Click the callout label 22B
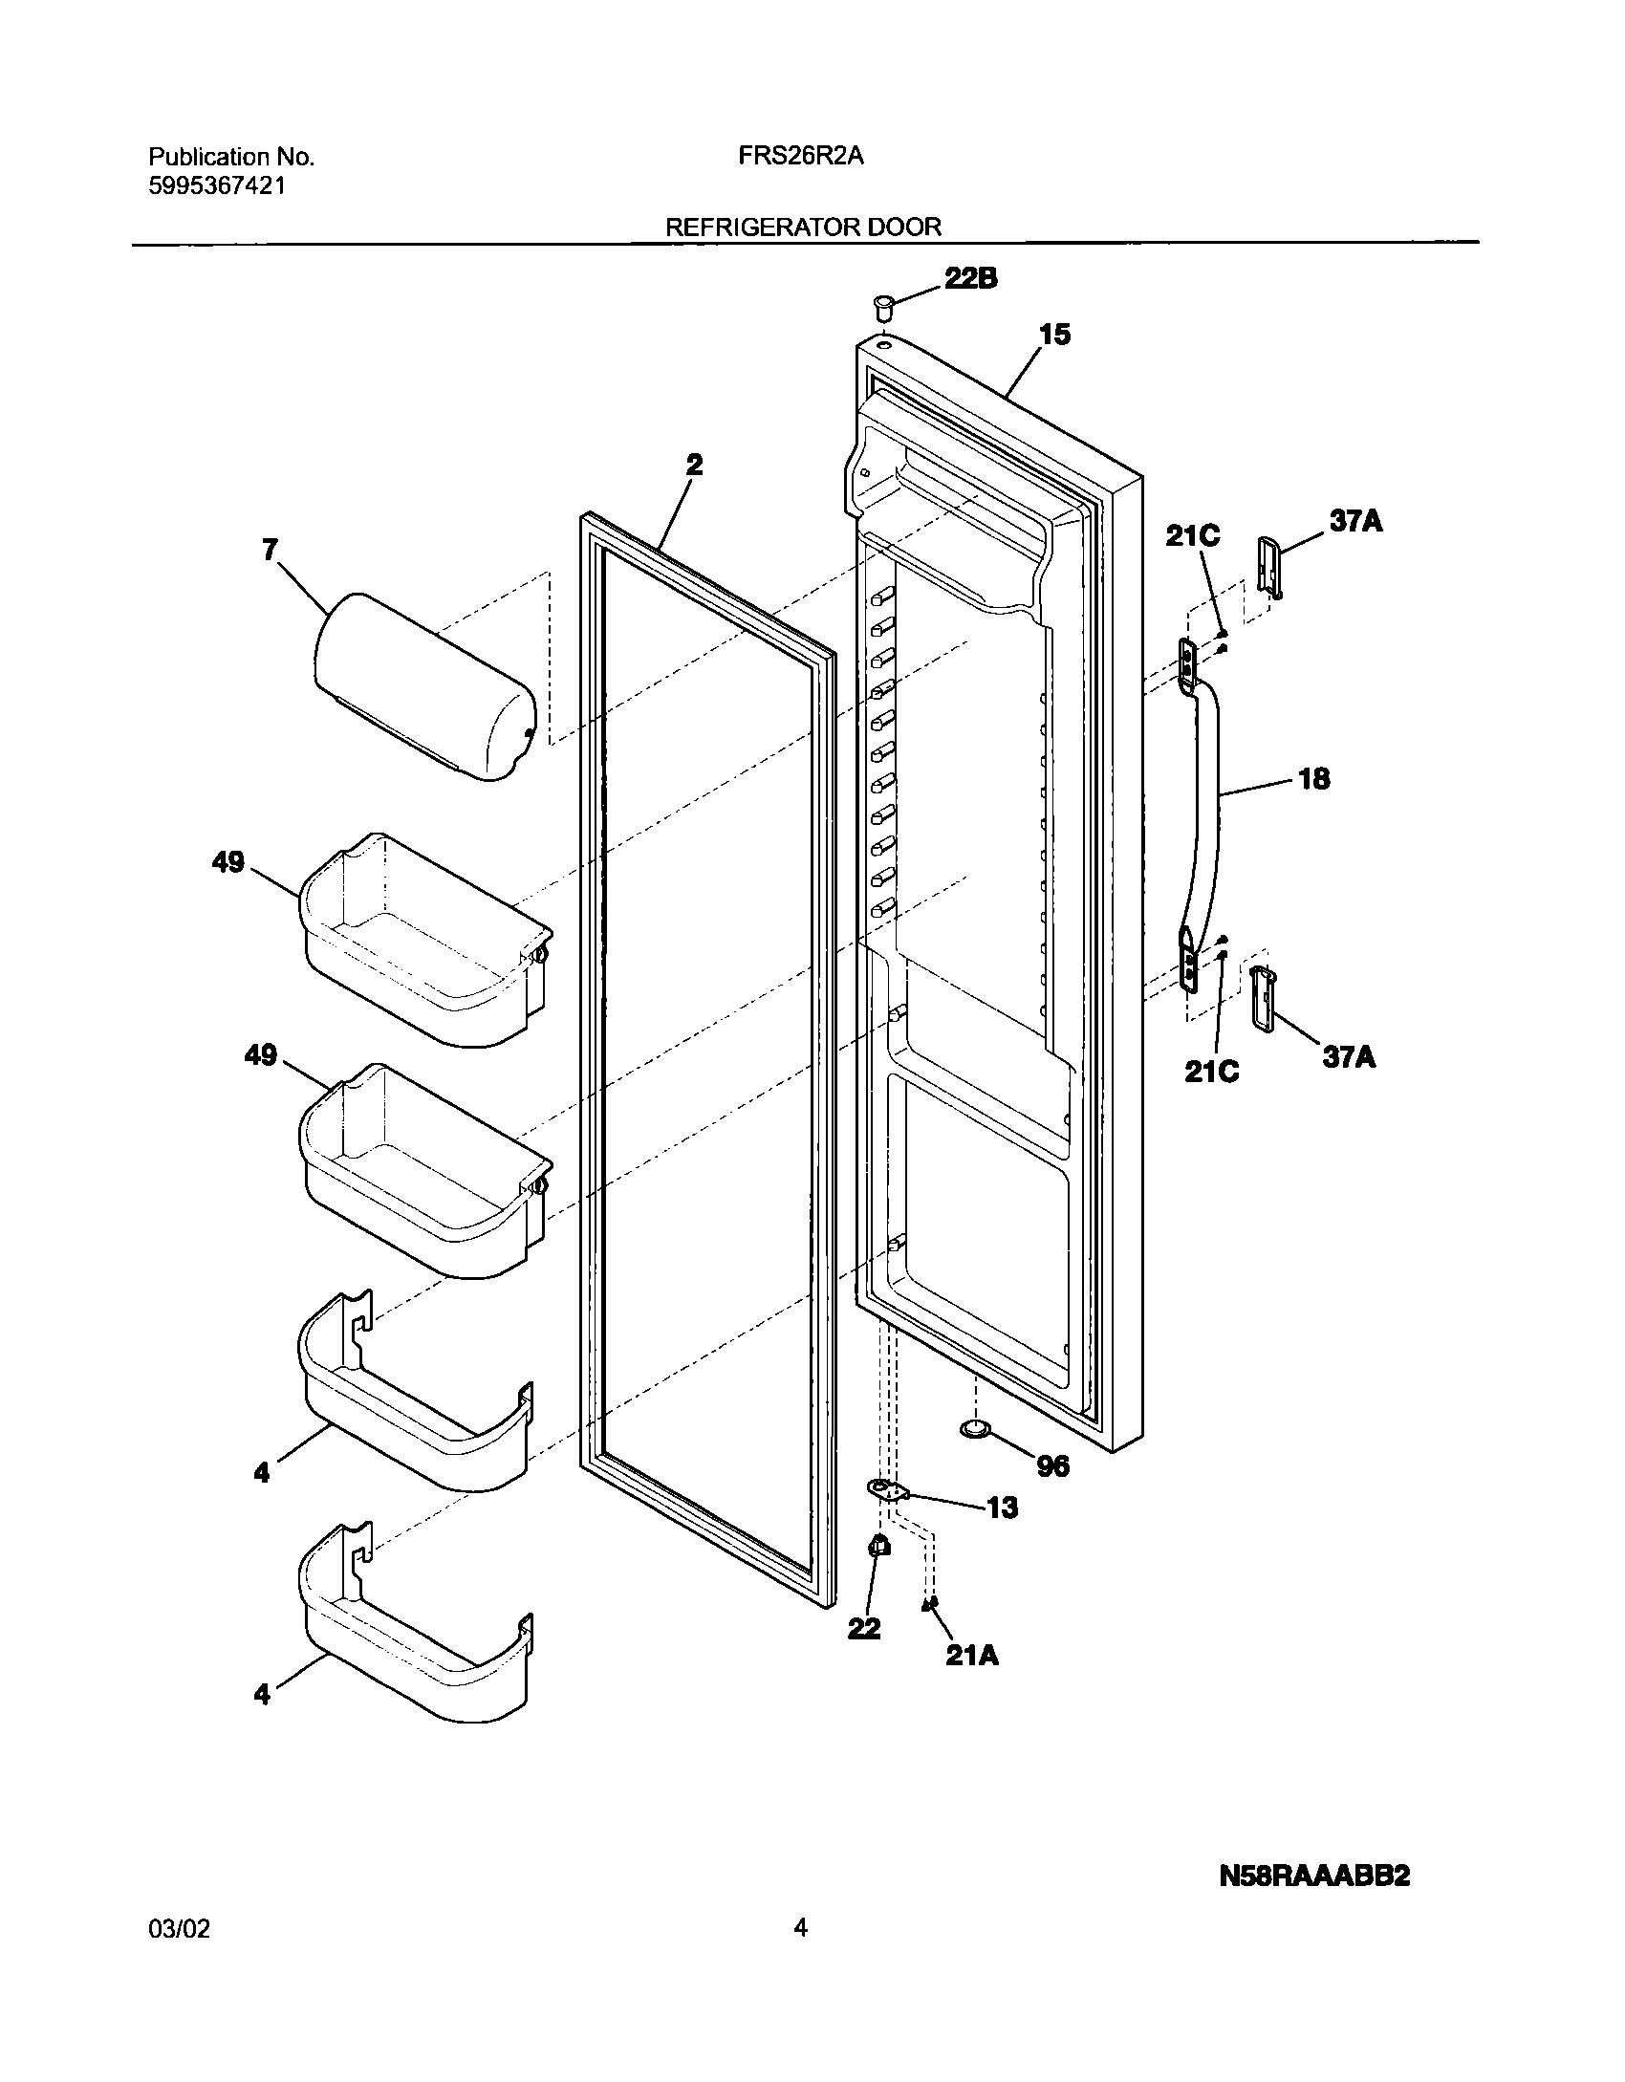pyautogui.click(x=971, y=279)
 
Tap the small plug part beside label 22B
pyautogui.click(x=883, y=308)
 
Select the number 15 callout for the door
pyautogui.click(x=1055, y=336)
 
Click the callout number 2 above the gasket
pyautogui.click(x=694, y=466)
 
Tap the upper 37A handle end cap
pyautogui.click(x=1268, y=566)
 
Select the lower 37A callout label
pyautogui.click(x=1349, y=1057)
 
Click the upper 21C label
pyautogui.click(x=1192, y=537)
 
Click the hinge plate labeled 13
pyautogui.click(x=888, y=1490)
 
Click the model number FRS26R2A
pyautogui.click(x=800, y=157)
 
